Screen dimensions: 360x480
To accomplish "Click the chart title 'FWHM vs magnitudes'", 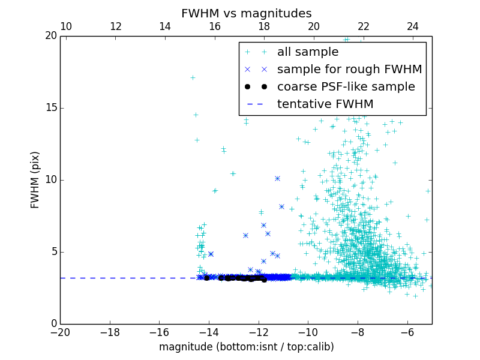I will click(246, 13).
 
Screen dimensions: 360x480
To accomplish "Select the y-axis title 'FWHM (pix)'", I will click(35, 179).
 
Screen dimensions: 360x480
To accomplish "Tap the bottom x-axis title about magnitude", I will click(246, 347).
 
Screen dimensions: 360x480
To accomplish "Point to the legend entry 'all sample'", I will click(307, 52).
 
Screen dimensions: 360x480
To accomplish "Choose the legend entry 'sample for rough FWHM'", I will click(349, 69).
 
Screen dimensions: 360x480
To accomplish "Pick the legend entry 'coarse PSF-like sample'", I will click(346, 86).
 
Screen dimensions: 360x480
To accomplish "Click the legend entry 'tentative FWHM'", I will click(325, 104).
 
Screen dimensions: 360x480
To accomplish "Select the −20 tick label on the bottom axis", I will click(60, 332).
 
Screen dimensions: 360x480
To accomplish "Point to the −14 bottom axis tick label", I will click(209, 332).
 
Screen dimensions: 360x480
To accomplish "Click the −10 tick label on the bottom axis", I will click(308, 332).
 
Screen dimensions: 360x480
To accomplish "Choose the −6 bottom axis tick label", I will click(407, 332).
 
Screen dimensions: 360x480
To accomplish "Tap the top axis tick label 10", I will click(66, 26).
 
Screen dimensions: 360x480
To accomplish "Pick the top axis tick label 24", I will click(413, 26).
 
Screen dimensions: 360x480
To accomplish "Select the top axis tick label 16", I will click(215, 26).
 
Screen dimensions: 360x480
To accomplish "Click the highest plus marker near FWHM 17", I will click(193, 77).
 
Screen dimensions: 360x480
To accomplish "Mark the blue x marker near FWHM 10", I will click(277, 178).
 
